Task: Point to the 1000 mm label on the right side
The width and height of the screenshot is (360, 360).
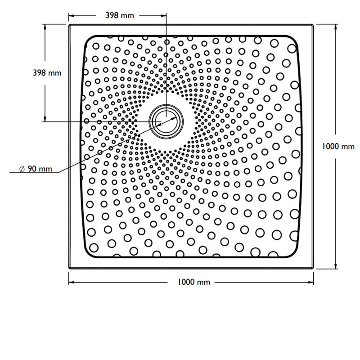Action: click(339, 146)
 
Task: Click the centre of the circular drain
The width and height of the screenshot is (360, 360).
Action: click(166, 121)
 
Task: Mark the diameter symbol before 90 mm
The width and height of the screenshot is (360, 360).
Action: click(22, 169)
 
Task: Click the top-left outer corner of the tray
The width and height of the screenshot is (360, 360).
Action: click(69, 24)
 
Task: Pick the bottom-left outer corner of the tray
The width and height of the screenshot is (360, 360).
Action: click(69, 269)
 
